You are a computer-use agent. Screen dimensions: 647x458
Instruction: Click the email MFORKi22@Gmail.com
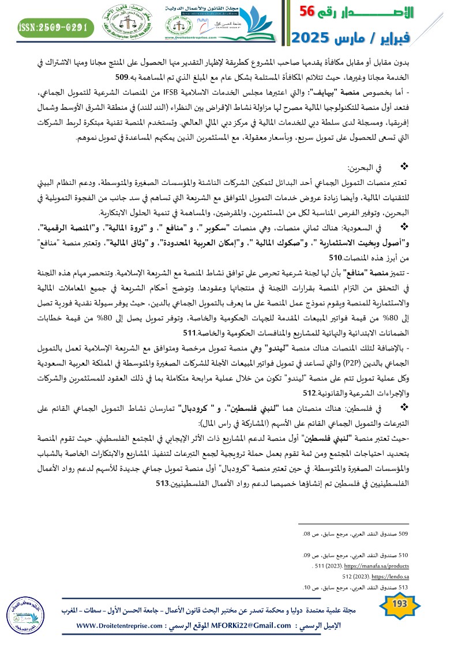click(x=245, y=626)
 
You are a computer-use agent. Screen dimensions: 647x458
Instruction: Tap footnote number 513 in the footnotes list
click(x=404, y=587)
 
